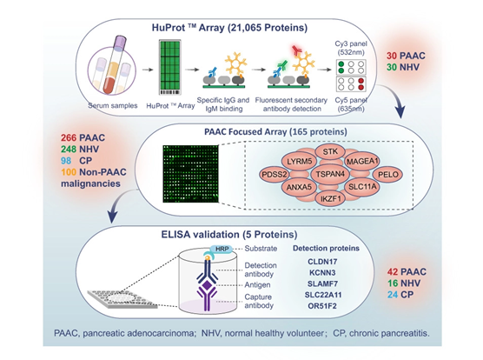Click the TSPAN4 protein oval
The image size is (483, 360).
[x=330, y=174]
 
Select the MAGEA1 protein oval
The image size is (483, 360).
[x=362, y=161]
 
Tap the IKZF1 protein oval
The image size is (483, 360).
[x=331, y=199]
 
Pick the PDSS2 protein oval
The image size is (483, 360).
[x=275, y=175]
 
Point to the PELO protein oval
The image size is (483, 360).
[x=387, y=175]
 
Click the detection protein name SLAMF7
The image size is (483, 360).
[x=322, y=283]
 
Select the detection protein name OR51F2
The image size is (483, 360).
[x=322, y=306]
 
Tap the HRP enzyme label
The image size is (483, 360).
[x=222, y=249]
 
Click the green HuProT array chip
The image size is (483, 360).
[x=169, y=67]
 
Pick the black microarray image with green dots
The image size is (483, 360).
[x=190, y=174]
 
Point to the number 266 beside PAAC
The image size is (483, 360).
[x=69, y=137]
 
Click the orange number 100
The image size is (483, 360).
[x=69, y=172]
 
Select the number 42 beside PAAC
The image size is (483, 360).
[x=393, y=272]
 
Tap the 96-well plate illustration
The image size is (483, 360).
[x=123, y=299]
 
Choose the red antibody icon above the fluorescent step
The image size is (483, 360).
[x=297, y=50]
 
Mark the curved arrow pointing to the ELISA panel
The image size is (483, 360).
[x=119, y=203]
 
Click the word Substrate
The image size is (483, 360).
[x=261, y=249]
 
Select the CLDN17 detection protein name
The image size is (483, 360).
[x=322, y=262]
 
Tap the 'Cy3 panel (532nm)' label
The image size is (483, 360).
[x=351, y=48]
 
